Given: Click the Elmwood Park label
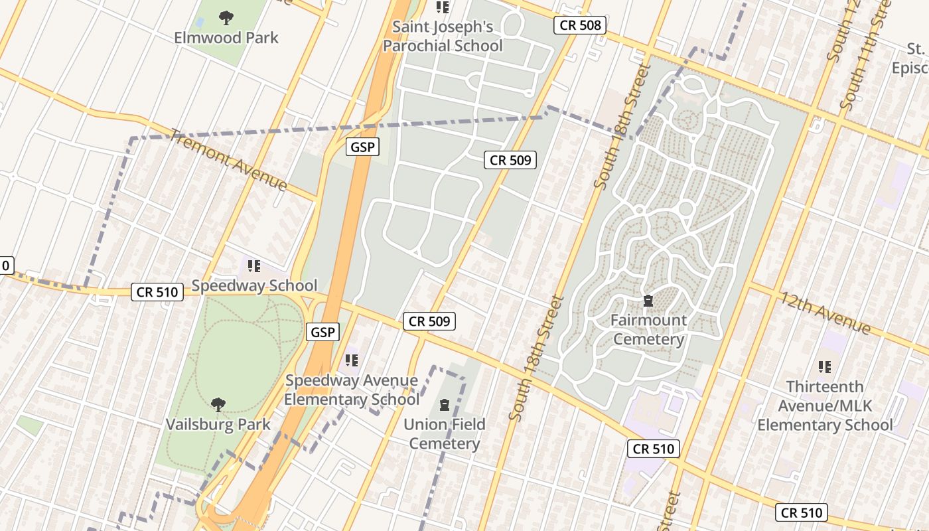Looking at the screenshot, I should coord(226,37).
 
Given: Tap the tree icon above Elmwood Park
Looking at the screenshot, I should coord(226,17).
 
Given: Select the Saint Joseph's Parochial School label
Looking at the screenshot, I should coord(443,37).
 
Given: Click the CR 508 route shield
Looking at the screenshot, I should coord(580,26).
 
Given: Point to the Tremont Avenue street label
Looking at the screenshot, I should coord(229,160).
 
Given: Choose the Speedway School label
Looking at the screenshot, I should coord(254,286).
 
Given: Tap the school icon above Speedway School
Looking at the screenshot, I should coord(254,266).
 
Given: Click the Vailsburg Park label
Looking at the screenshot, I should coord(218,424).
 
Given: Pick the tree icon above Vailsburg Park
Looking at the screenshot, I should coord(218,404).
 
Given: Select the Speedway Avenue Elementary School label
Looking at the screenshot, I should coord(352,390).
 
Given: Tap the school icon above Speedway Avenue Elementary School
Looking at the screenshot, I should coord(352,360).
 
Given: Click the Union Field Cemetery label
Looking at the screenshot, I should coord(445,434).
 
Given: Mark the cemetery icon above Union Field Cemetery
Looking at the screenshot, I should coord(445,404).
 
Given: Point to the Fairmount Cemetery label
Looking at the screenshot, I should coord(648,330).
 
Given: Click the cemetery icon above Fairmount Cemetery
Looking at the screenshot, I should coord(648,301).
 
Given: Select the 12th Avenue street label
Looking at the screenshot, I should coord(825,313).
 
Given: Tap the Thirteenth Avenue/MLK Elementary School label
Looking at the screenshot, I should coord(825,406).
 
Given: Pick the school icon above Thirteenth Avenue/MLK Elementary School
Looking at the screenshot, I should coord(825,366).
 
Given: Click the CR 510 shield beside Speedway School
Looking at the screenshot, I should coord(157,292).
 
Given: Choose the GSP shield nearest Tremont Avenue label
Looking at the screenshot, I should coord(362,147).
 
